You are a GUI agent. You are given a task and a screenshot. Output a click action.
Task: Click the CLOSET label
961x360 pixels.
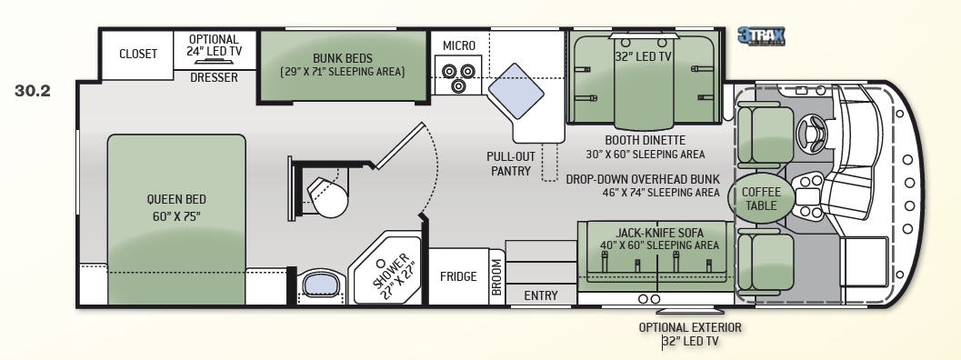[138, 54]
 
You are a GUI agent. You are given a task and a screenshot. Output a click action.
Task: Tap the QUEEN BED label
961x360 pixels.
[175, 199]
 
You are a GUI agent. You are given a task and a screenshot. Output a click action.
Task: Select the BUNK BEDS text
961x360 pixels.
[343, 59]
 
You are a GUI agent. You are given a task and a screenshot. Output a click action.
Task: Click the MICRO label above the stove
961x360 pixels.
[459, 46]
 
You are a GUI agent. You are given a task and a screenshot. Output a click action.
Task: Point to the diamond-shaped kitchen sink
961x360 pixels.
[516, 91]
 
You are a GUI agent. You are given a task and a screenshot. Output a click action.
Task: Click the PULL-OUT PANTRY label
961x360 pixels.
[511, 164]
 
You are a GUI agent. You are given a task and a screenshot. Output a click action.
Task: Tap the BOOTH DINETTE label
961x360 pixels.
[645, 140]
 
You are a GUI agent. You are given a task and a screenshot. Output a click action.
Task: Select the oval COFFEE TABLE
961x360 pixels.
[761, 197]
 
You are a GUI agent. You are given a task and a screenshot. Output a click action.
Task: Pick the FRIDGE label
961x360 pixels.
[458, 276]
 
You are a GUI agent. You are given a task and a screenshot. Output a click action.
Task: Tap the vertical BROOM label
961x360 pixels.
[496, 277]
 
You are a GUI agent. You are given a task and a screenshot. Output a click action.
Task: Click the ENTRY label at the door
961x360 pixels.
[541, 295]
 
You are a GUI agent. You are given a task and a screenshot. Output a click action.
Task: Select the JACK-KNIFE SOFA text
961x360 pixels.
[659, 233]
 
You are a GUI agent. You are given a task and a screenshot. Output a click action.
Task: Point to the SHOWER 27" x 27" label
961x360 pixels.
[392, 276]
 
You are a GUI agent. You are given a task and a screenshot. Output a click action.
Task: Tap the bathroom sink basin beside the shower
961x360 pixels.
[321, 285]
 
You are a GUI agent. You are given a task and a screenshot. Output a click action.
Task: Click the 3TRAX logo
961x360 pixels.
[761, 36]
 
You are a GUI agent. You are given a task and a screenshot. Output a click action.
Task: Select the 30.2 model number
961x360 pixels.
[33, 91]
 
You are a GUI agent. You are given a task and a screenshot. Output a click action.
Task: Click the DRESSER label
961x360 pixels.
[214, 78]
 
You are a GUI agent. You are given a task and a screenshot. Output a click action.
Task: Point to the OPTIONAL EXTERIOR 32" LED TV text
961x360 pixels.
[690, 335]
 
